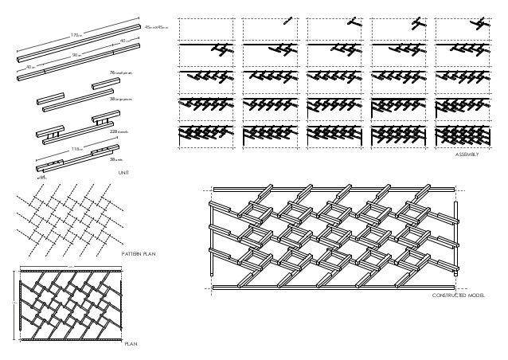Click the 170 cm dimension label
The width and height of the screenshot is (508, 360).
point(76,36)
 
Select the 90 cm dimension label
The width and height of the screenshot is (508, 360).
point(75,55)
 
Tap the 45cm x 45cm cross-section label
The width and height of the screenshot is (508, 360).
point(154,27)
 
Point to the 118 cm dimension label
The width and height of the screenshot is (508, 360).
point(76,149)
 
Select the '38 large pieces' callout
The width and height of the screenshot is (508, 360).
point(121,100)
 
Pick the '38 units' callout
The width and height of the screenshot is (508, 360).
point(116,158)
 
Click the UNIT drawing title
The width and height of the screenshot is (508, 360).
point(123,172)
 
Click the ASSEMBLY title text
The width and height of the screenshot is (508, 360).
point(466,157)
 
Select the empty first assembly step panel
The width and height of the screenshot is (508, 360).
point(208,29)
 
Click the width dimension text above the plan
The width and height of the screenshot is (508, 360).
point(69,268)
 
